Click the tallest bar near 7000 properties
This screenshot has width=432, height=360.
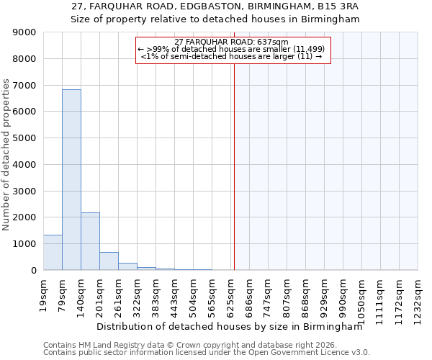point(71,180)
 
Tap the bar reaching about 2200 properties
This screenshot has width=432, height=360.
point(90,241)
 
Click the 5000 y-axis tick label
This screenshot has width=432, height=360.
point(24,138)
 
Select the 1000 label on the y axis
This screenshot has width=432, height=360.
point(24,244)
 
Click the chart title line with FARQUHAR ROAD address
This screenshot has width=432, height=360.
point(215,6)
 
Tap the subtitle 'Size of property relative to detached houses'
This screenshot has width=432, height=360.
point(215,19)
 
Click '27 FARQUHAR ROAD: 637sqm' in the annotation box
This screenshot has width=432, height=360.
point(232,42)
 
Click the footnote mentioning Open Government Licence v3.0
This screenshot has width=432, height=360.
point(207,353)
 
